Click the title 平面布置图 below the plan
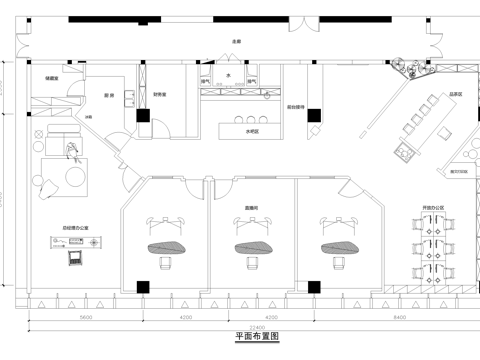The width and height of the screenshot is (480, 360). click(240, 337)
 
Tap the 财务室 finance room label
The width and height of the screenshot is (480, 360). click(159, 94)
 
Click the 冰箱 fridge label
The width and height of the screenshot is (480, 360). click(88, 117)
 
